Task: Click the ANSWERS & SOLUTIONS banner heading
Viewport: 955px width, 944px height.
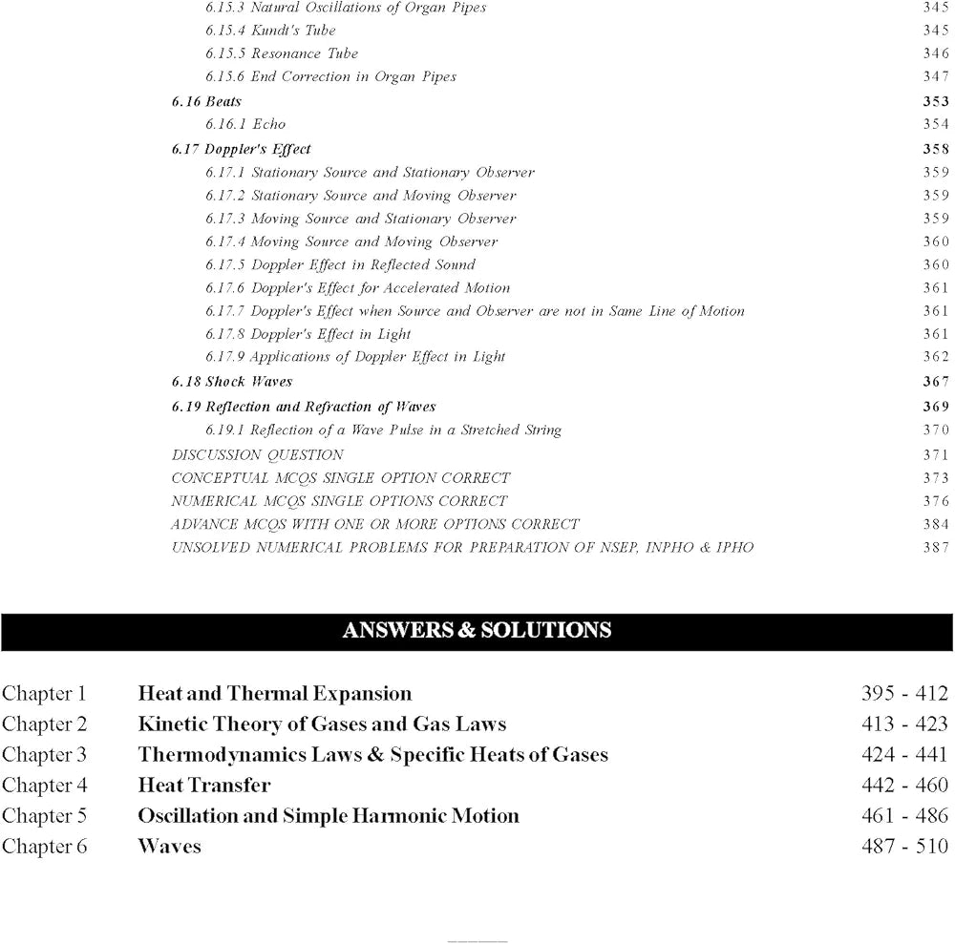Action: pos(477,630)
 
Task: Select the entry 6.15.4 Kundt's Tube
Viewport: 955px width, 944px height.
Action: pos(270,31)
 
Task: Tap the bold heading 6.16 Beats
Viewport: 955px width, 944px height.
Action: pos(206,101)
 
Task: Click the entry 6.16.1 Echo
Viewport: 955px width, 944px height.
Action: pos(244,124)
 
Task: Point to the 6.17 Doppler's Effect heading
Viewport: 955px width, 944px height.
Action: pos(242,149)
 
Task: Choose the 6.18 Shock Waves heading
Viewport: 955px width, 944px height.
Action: pos(232,382)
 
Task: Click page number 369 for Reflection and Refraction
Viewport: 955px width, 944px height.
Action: pos(936,407)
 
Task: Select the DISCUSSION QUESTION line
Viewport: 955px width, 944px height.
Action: pos(257,454)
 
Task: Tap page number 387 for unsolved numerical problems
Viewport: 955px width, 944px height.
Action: pos(936,547)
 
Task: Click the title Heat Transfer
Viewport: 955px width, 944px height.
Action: pos(203,786)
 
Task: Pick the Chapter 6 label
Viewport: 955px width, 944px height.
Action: pos(44,847)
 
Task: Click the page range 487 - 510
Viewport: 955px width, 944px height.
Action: pos(904,847)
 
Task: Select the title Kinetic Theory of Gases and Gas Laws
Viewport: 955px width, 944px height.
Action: pos(322,724)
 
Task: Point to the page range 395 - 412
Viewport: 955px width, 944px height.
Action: pos(904,694)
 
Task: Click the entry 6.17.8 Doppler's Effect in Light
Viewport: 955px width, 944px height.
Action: pos(308,334)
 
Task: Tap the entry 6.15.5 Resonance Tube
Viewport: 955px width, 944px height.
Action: pos(282,53)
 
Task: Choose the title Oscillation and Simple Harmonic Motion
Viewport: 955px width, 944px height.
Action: pos(329,816)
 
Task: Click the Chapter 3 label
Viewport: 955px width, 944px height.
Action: pos(44,755)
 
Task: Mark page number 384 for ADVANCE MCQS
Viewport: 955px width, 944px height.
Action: pos(936,524)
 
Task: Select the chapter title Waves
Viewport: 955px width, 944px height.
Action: pos(169,847)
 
